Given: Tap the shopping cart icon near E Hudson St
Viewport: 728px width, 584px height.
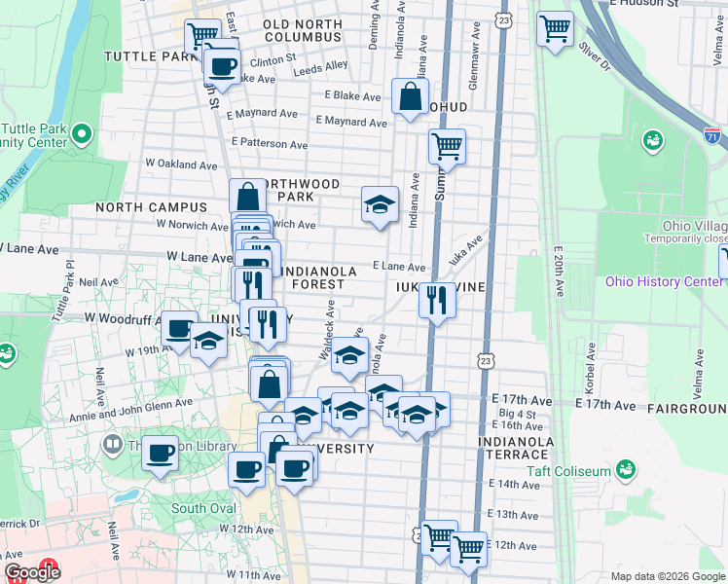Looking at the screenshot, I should coord(555,29).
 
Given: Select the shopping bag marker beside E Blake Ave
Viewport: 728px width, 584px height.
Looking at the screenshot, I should coord(410,95).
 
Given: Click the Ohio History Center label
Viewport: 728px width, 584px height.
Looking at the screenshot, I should coord(663,282).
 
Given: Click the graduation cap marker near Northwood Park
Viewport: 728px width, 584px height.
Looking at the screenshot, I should coord(380,204).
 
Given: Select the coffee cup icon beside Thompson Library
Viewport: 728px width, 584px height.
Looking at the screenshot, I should coord(161,452).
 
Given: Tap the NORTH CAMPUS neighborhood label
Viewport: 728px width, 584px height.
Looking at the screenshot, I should coord(152,207).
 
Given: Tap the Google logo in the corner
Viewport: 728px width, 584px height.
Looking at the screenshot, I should coord(33,572).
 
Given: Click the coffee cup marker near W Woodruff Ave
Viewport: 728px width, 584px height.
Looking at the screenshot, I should coord(178,328).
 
